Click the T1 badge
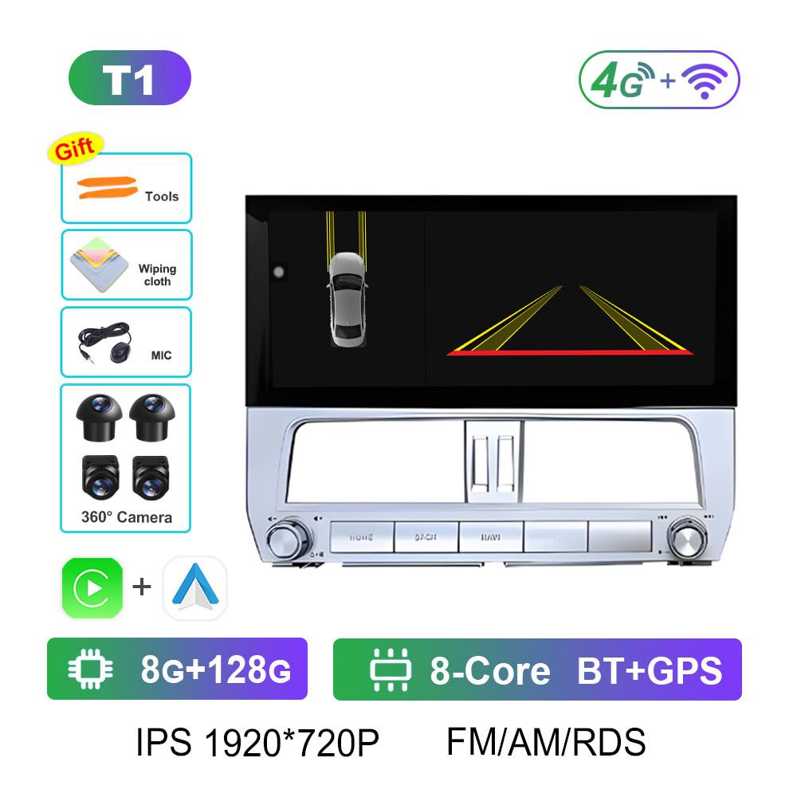(130, 78)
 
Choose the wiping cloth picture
(98, 263)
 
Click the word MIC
(161, 355)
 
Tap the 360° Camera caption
(127, 517)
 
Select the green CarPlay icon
(92, 588)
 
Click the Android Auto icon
(194, 588)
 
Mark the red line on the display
(570, 351)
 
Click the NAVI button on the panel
(489, 536)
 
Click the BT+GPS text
(649, 670)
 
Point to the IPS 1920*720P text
(257, 743)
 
